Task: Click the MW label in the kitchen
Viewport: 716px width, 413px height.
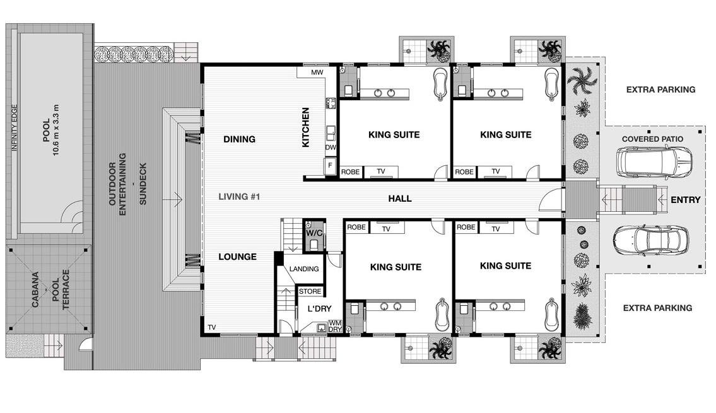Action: pyautogui.click(x=317, y=73)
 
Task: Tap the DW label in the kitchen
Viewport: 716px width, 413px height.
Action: pyautogui.click(x=330, y=148)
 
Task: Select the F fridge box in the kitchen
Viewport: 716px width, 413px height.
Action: pyautogui.click(x=329, y=165)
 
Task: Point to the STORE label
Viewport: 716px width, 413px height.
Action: pyautogui.click(x=309, y=291)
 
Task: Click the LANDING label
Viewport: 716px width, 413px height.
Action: pyautogui.click(x=304, y=269)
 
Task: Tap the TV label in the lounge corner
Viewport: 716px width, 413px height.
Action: pyautogui.click(x=211, y=327)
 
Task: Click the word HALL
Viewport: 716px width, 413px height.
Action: pyautogui.click(x=400, y=199)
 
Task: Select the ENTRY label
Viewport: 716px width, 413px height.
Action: pyautogui.click(x=685, y=200)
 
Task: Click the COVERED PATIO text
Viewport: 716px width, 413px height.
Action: pyautogui.click(x=653, y=139)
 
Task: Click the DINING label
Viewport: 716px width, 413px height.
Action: pyautogui.click(x=239, y=139)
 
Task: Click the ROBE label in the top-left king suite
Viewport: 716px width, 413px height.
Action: pyautogui.click(x=350, y=172)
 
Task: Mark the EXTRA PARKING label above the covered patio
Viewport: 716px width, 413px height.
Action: pyautogui.click(x=660, y=90)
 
